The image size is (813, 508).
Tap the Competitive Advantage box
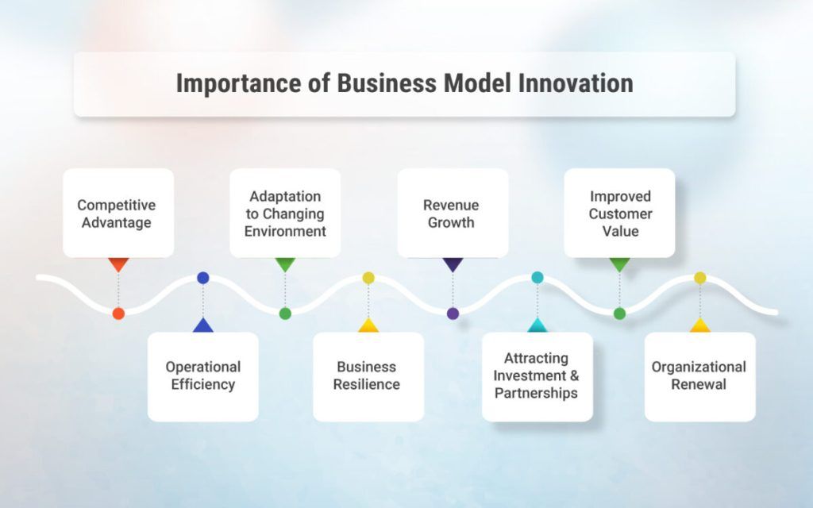[x=118, y=213]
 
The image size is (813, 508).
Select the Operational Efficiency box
[x=202, y=375]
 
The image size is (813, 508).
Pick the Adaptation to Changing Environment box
[x=285, y=213]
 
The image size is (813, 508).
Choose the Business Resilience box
[x=368, y=375]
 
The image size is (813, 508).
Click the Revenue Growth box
[x=453, y=213]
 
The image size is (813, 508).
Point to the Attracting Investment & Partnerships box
[x=537, y=375]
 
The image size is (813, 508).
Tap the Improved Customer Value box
[x=619, y=213]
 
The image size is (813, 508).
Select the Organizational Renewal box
[x=699, y=375]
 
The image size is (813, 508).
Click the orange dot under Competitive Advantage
[x=118, y=314]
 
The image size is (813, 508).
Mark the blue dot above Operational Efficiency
[x=202, y=278]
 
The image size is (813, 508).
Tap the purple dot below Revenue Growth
[x=453, y=314]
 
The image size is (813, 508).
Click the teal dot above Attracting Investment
[x=538, y=278]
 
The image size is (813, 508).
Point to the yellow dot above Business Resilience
[x=368, y=278]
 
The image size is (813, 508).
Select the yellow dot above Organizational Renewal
[x=699, y=278]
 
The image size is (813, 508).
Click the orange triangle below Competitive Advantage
[x=118, y=264]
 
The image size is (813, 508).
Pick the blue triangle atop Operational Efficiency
[x=202, y=325]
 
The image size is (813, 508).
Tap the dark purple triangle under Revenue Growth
[x=453, y=264]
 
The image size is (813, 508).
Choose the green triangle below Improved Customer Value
[x=619, y=264]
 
